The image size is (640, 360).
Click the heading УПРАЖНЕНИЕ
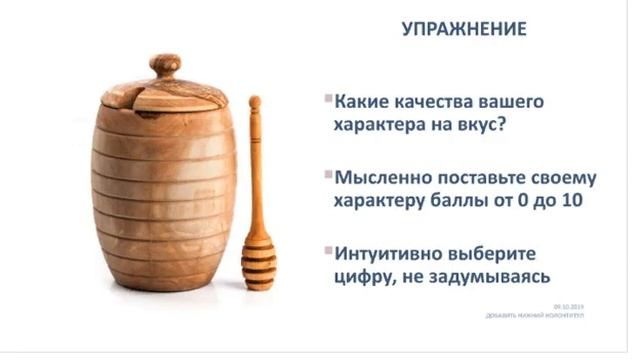pyautogui.click(x=463, y=29)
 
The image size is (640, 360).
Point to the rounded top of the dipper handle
pyautogui.click(x=255, y=103)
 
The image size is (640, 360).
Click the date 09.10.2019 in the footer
pyautogui.click(x=567, y=308)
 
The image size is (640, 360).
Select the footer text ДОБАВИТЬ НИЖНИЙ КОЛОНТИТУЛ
pyautogui.click(x=536, y=316)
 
